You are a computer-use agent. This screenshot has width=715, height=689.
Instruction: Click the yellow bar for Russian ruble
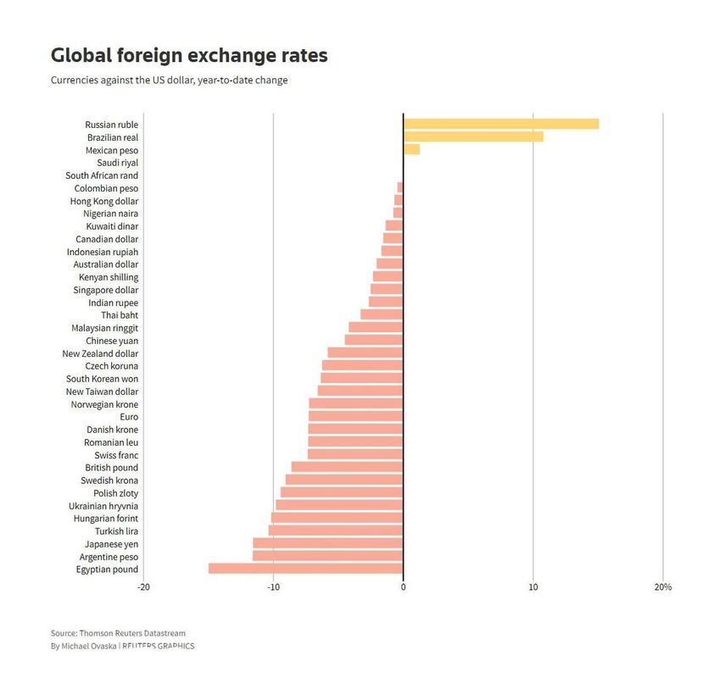[x=500, y=124]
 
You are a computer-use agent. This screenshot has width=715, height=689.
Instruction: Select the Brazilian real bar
[x=472, y=136]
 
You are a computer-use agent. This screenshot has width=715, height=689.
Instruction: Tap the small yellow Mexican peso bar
[x=411, y=149]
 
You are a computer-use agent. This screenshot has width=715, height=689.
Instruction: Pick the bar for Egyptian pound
[x=305, y=569]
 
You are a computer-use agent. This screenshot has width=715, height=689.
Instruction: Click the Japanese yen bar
[x=327, y=543]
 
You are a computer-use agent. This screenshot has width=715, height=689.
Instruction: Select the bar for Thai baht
[x=381, y=314]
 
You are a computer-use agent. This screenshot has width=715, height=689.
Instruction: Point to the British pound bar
[x=347, y=467]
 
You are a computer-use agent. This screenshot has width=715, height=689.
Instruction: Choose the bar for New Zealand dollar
[x=365, y=353]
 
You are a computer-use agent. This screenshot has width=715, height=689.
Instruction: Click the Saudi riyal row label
[x=117, y=163]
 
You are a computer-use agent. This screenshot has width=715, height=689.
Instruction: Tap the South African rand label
[x=102, y=175]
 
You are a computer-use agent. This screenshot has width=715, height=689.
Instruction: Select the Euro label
[x=128, y=417]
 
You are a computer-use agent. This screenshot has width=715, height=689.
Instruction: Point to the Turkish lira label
[x=116, y=531]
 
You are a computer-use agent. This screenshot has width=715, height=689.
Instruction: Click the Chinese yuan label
[x=111, y=341]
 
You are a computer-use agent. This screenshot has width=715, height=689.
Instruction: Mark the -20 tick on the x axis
[x=143, y=587]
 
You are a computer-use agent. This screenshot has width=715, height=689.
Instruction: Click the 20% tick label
[x=662, y=587]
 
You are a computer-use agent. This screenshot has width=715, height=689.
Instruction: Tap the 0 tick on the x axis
[x=403, y=587]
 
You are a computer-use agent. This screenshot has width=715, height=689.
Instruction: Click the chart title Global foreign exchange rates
[x=189, y=56]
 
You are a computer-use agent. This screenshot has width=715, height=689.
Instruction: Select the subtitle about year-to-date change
[x=169, y=81]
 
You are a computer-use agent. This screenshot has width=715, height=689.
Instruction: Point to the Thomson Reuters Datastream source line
[x=118, y=633]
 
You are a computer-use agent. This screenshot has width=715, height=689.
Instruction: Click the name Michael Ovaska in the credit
[x=88, y=646]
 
